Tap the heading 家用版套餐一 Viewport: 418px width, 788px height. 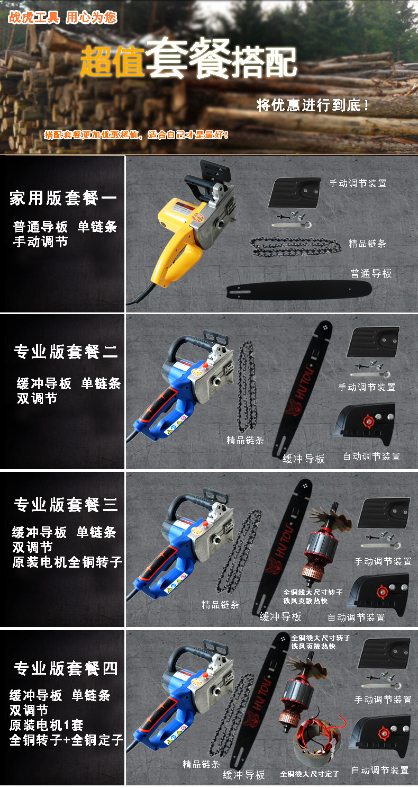pyautogui.click(x=63, y=199)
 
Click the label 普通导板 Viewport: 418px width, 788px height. pyautogui.click(x=371, y=274)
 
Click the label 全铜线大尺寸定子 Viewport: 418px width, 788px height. pyautogui.click(x=310, y=774)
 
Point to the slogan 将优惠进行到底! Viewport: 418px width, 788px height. pyautogui.click(x=313, y=105)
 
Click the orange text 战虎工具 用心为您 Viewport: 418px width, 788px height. pyautogui.click(x=62, y=17)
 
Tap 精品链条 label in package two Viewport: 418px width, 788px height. pyautogui.click(x=245, y=440)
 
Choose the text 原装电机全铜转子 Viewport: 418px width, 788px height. pyautogui.click(x=67, y=562)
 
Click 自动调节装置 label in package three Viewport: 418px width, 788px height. pyautogui.click(x=356, y=617)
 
